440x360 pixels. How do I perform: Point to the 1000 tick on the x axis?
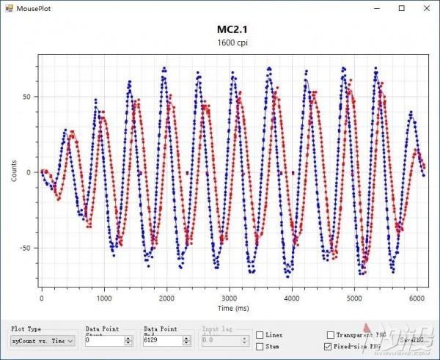103,299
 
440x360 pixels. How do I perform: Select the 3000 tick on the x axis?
229,299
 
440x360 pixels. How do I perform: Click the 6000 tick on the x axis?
417,299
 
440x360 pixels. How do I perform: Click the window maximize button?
400,8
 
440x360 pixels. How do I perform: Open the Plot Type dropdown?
43,341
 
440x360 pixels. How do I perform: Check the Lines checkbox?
260,335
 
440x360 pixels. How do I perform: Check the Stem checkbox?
260,346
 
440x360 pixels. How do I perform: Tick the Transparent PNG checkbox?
330,335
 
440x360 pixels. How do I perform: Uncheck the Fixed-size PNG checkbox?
330,346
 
